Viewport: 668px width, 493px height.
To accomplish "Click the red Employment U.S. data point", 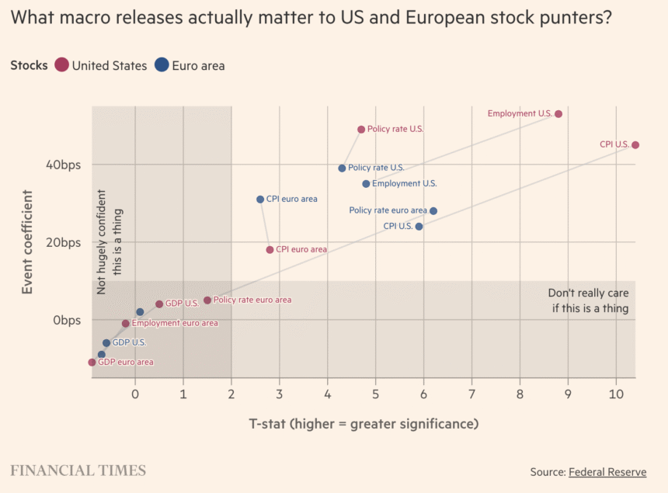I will pos(558,114).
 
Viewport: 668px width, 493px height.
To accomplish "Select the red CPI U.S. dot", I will pos(635,145).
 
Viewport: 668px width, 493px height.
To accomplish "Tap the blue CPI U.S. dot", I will pos(419,227).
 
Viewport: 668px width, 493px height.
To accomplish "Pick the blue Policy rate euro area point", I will pos(433,211).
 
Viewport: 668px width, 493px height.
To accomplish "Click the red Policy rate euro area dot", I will pos(207,300).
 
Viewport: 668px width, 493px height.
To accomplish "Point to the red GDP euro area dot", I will pos(92,363).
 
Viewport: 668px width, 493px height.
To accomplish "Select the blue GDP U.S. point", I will pos(106,343).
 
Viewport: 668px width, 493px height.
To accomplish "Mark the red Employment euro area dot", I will pos(126,324).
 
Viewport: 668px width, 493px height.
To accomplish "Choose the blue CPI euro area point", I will pos(260,200).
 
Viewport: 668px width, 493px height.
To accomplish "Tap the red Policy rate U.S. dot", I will pos(361,130).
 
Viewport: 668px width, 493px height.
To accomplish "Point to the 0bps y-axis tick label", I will pos(67,320).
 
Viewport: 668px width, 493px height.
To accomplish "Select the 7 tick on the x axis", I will pos(471,394).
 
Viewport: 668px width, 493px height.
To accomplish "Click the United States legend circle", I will pos(61,66).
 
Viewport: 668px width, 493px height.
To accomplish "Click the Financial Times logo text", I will pos(78,470).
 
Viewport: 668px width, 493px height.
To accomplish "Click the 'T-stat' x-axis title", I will pos(363,423).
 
